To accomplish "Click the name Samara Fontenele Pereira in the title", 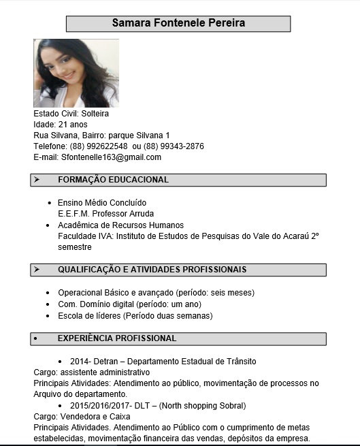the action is pyautogui.click(x=178, y=23).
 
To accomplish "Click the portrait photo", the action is pyautogui.click(x=76, y=73).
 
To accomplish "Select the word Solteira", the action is pyautogui.click(x=95, y=114).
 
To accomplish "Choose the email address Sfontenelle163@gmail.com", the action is pyautogui.click(x=111, y=157).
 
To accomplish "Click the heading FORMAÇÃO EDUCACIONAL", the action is pyautogui.click(x=113, y=180).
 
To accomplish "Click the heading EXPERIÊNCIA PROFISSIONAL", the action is pyautogui.click(x=116, y=338).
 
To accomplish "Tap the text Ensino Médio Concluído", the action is pyautogui.click(x=102, y=203).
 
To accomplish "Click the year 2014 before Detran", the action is pyautogui.click(x=79, y=361).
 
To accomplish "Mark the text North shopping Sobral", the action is pyautogui.click(x=202, y=406).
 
